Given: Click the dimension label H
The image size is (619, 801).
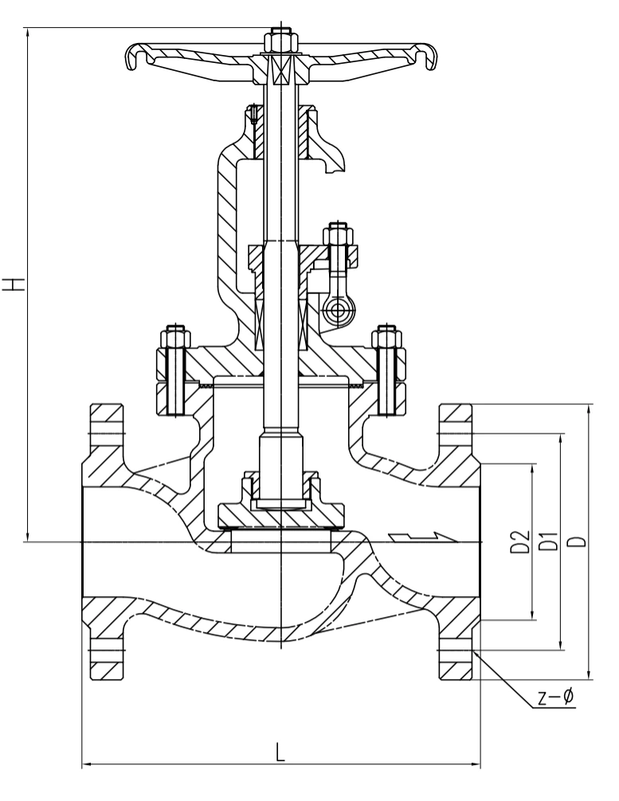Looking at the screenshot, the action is pyautogui.click(x=14, y=285).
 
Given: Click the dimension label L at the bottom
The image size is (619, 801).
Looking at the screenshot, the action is pyautogui.click(x=280, y=752).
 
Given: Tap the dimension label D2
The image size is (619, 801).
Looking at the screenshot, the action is pyautogui.click(x=519, y=542).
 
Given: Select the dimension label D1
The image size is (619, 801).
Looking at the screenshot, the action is pyautogui.click(x=549, y=541).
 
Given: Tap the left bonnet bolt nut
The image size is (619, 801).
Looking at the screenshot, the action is pyautogui.click(x=175, y=338).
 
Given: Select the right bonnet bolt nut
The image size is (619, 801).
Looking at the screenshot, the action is pyautogui.click(x=387, y=338).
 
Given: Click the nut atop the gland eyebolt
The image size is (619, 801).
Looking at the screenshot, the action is pyautogui.click(x=338, y=235).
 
